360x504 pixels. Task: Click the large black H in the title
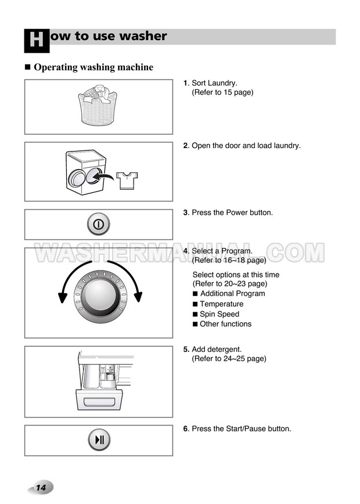click(37, 41)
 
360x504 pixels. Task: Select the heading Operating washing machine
click(93, 67)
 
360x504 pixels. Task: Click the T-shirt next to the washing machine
click(127, 181)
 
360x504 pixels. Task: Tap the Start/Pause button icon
click(99, 440)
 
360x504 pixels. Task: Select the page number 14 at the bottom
click(41, 488)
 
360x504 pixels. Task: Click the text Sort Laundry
click(214, 83)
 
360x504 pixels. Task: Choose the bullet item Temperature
click(221, 304)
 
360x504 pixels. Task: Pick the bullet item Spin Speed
click(219, 314)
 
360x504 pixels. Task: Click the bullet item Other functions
click(226, 324)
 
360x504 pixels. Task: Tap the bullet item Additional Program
click(233, 293)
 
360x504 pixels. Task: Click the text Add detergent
click(217, 350)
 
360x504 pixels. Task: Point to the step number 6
click(186, 429)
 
